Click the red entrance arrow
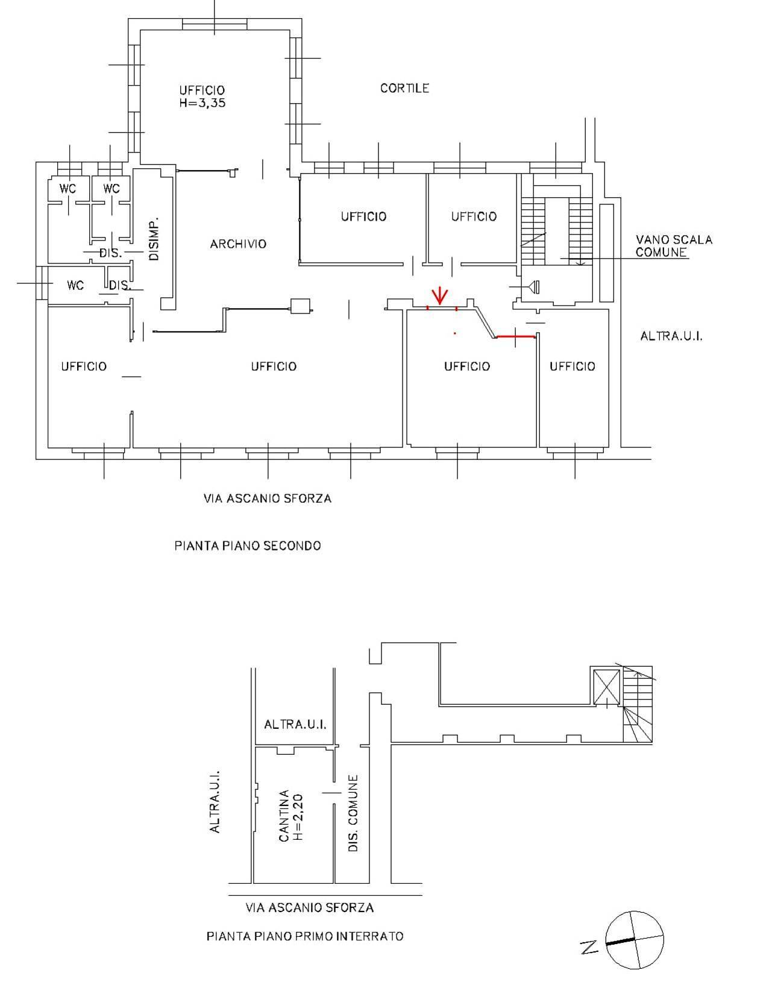tap(440, 295)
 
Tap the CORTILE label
tap(404, 88)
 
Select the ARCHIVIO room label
tap(238, 244)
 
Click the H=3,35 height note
tap(202, 103)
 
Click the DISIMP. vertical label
tap(154, 238)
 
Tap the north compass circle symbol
tap(635, 939)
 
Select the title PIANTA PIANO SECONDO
tap(247, 546)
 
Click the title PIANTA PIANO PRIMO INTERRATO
tap(305, 936)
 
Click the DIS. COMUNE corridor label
tap(354, 813)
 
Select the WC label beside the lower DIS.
tap(75, 285)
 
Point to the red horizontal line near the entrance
tap(516, 336)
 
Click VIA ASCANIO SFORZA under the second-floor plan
tap(268, 499)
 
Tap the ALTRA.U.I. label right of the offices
tap(671, 336)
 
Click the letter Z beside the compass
tap(589, 948)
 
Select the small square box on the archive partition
tap(300, 306)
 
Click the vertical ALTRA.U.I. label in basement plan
tap(215, 801)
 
